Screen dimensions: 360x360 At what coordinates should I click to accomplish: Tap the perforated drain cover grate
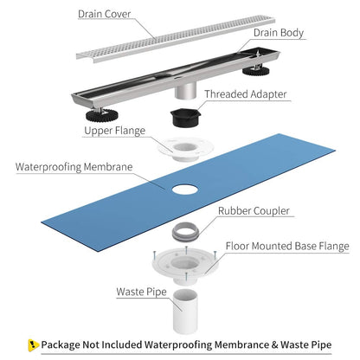[x=164, y=38]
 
